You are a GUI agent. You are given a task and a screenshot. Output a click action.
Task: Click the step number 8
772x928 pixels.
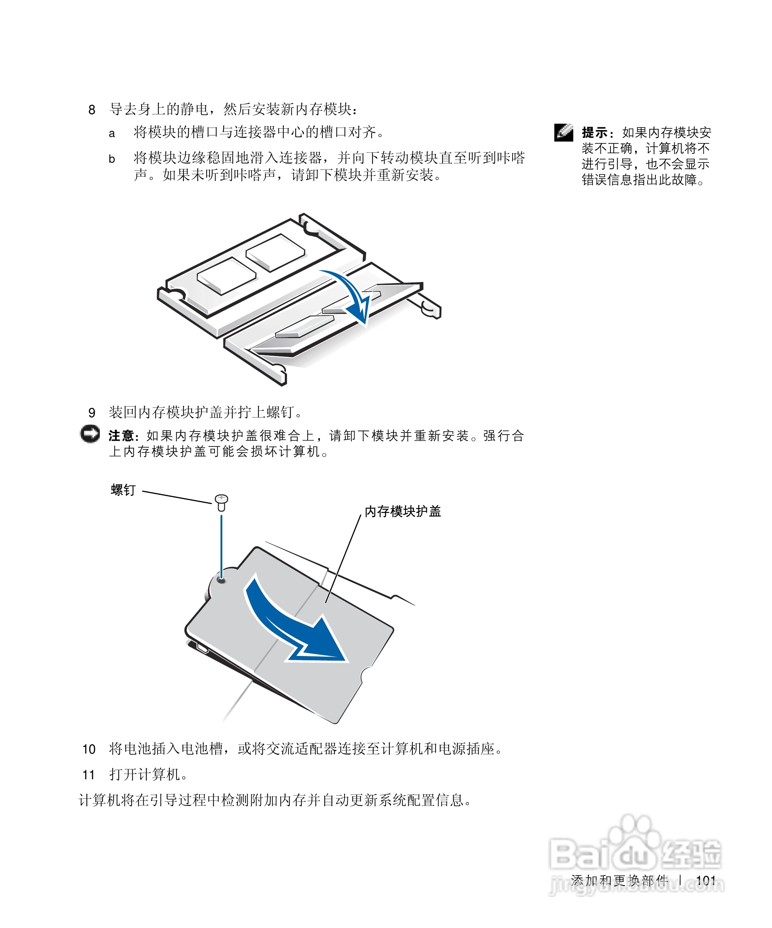[91, 110]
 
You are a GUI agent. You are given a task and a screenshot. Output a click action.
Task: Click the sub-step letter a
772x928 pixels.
[112, 133]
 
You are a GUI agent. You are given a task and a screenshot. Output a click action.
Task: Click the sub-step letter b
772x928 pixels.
[112, 159]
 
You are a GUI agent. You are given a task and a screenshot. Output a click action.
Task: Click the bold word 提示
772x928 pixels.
[594, 133]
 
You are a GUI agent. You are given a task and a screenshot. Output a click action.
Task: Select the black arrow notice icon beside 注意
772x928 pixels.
[90, 434]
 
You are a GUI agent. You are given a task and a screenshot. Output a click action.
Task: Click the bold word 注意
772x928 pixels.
[121, 436]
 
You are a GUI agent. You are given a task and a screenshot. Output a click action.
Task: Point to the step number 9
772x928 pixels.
[91, 413]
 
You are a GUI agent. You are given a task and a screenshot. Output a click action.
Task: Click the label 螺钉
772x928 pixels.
[123, 490]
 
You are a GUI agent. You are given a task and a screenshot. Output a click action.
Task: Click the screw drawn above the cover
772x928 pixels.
[221, 502]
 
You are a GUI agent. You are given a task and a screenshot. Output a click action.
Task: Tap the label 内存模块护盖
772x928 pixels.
[402, 511]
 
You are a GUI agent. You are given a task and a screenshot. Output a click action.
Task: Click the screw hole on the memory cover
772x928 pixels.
[222, 579]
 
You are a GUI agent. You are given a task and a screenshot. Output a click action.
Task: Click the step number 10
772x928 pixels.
[89, 749]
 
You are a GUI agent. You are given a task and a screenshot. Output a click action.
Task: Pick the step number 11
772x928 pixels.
[89, 775]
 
